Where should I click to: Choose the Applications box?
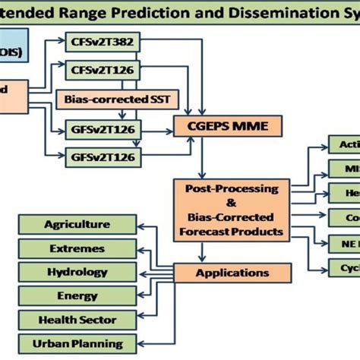222,272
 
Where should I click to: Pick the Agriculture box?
77,224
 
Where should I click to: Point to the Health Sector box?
77,319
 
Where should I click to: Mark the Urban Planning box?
77,343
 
